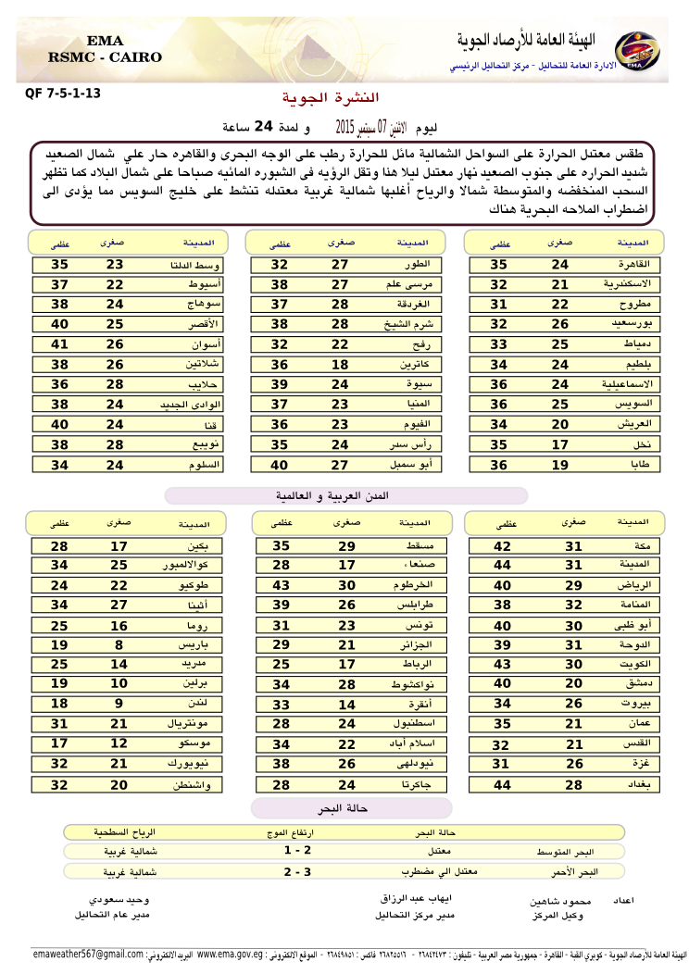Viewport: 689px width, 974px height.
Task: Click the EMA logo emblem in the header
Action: tap(636, 50)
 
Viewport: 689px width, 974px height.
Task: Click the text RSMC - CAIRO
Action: tap(105, 57)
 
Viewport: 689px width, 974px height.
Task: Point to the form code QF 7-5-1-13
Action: tap(63, 94)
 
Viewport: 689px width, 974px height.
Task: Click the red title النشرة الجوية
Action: tap(330, 98)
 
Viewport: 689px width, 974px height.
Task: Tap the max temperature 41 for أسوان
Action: tap(60, 343)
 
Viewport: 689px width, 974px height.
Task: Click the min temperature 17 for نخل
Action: tap(560, 444)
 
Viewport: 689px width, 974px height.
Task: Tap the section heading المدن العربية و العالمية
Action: tap(345, 496)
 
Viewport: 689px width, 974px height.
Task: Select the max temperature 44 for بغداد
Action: tap(502, 784)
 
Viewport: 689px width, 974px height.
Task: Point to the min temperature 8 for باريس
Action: tap(119, 645)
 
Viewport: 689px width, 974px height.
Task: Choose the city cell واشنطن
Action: tap(196, 784)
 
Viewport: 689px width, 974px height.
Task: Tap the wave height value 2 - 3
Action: tap(297, 871)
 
